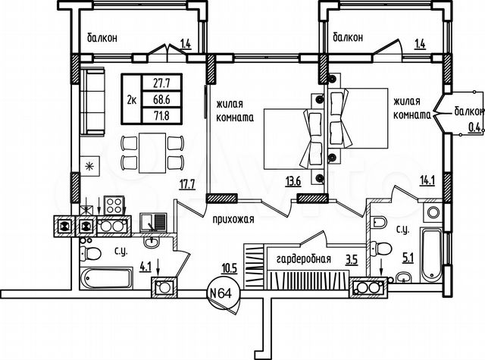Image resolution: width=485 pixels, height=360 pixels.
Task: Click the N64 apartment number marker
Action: [221, 292]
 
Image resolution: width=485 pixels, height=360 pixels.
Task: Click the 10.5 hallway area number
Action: [228, 268]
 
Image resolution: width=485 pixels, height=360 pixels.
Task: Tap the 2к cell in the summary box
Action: [132, 99]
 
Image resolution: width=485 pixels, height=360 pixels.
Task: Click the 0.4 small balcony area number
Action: [475, 127]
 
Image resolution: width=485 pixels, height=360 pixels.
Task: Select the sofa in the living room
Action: [92, 100]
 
